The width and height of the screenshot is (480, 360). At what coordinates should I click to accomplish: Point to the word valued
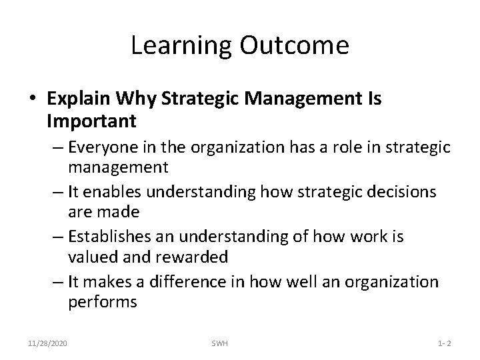[91, 256]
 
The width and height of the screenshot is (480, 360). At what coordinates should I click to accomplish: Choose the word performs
[102, 302]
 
